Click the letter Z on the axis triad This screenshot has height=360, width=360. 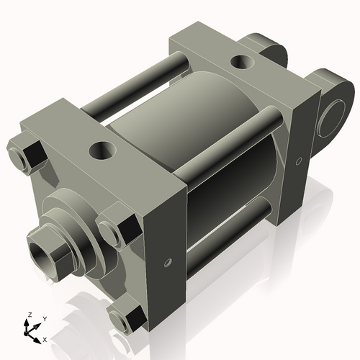point(30,315)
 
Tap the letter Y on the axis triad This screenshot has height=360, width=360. point(44,318)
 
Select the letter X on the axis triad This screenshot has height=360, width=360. point(45,338)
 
